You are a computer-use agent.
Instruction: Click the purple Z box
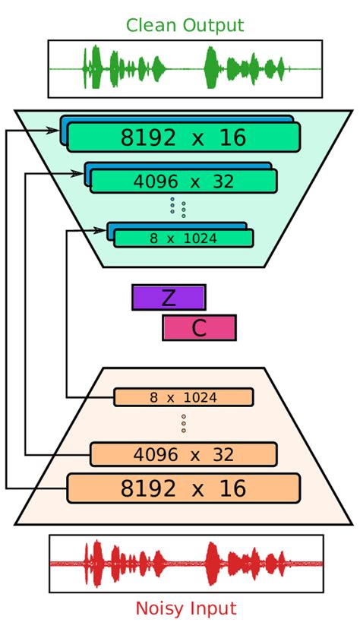pos(169,298)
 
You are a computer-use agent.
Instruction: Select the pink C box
pos(199,327)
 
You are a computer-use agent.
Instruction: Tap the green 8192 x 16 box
pos(183,137)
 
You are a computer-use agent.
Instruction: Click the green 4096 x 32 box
pos(183,182)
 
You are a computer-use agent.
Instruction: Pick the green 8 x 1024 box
pos(183,239)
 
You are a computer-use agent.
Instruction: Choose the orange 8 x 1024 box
pos(183,397)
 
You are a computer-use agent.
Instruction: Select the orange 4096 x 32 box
pos(183,454)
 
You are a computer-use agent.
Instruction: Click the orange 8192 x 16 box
pos(183,488)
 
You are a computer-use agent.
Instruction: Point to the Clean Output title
pos(185,25)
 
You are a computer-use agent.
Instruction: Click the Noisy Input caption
pos(186,608)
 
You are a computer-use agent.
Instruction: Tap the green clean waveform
pos(185,68)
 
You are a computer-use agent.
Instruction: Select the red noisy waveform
pos(186,564)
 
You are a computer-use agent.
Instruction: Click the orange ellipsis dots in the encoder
pos(183,424)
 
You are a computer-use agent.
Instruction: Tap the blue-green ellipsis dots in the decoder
pos(178,207)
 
